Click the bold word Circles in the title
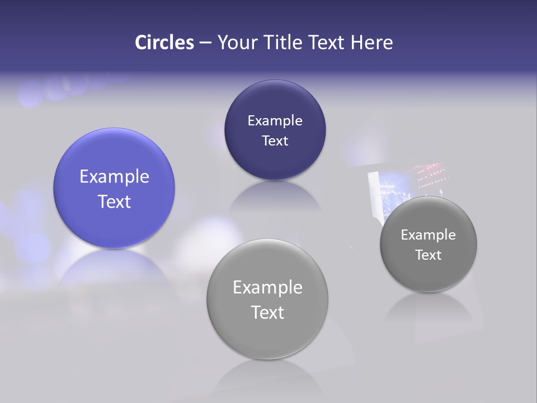(x=164, y=43)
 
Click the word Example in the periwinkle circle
(x=114, y=176)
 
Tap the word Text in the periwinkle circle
(x=114, y=201)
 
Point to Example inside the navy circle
(x=275, y=120)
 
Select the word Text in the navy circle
(x=275, y=140)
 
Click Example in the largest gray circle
(x=267, y=287)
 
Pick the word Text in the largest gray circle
(x=267, y=312)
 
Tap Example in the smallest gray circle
(x=428, y=235)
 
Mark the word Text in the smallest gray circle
(x=428, y=255)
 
